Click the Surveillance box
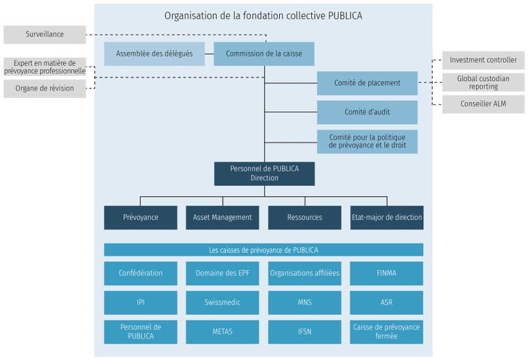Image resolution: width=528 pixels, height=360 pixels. coord(45,34)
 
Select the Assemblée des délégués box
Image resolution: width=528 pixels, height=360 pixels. coord(154,53)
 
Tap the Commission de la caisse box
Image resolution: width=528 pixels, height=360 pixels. coord(264,53)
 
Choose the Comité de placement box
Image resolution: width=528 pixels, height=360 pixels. coord(367,83)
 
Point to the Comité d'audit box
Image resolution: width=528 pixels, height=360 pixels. coord(367,112)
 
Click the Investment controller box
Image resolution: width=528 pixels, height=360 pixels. coord(483,60)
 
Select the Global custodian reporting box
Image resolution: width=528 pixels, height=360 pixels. coord(483,82)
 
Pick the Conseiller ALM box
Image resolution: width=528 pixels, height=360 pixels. coord(483,104)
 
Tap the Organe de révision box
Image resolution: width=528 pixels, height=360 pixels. coord(45,88)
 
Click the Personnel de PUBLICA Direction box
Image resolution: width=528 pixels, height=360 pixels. coord(264,173)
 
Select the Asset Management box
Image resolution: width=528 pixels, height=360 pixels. coord(222,217)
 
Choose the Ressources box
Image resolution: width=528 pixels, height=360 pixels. coord(304,217)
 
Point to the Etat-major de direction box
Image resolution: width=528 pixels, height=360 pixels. coord(387,217)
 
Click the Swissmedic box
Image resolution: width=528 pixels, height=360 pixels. coord(222,302)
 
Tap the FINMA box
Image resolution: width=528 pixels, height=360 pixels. coord(387,273)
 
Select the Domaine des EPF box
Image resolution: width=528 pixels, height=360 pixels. coord(222,273)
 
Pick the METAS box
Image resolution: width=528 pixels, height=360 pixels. coord(222,332)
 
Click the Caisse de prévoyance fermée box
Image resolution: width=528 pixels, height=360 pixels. coord(387,332)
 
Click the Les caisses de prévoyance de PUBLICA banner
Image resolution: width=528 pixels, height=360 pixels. coord(263,250)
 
